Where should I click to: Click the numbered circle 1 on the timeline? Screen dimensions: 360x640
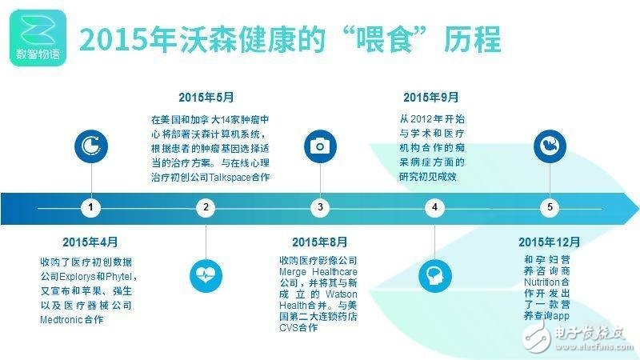pos(91,208)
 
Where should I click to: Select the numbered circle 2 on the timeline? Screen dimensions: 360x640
pos(206,208)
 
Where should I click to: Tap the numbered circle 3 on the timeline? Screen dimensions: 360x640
pos(320,208)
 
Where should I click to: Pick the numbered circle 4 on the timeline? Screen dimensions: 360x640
pos(434,208)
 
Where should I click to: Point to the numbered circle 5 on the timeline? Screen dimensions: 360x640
pos(549,208)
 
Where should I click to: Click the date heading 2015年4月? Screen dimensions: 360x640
pos(90,242)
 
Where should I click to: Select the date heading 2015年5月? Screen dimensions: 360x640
pos(206,98)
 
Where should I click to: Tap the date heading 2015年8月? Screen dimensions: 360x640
pos(320,242)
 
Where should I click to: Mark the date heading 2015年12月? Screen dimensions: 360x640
pos(550,242)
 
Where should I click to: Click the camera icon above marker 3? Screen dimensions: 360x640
pos(320,146)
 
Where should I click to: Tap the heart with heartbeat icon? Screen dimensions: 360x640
pos(206,274)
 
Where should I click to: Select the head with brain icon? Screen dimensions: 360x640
pos(434,274)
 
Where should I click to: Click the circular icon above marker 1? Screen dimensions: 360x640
pos(91,146)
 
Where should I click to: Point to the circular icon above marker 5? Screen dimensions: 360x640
pos(549,146)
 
